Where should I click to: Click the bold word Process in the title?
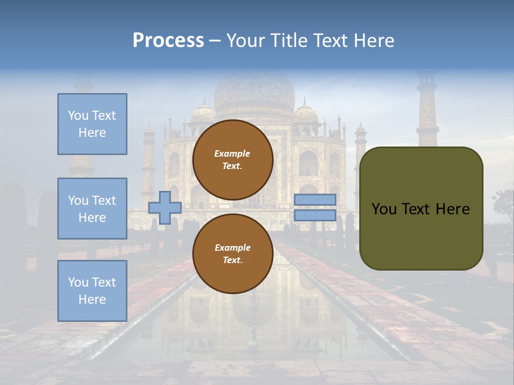coord(168,41)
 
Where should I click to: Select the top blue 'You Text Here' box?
coord(92,124)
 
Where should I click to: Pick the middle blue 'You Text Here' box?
coord(92,209)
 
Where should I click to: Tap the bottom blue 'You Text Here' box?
coord(92,291)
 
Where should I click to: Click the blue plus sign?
coord(165,207)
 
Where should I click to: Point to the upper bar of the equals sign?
coord(315,200)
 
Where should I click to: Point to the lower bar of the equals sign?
coord(315,215)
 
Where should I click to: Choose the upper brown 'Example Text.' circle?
coord(233,160)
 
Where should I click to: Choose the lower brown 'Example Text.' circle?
coord(233,254)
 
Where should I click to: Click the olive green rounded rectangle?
coord(421,209)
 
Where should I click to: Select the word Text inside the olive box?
coord(420,209)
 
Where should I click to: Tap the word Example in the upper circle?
coord(232,153)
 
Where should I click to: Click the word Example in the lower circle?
coord(232,248)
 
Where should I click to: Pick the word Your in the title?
coord(244,41)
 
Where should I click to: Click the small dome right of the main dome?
coord(306,114)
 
